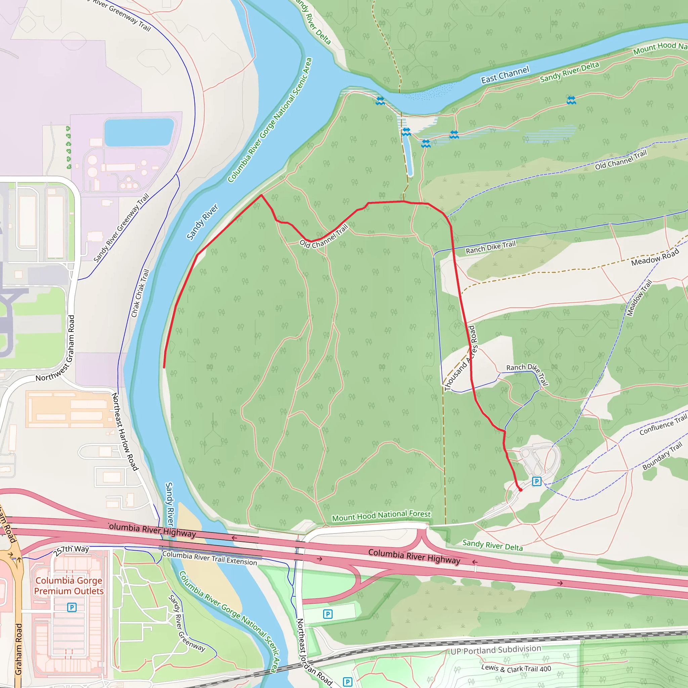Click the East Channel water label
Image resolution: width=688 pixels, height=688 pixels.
pos(505,75)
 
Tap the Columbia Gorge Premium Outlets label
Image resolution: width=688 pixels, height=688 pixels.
pos(69,586)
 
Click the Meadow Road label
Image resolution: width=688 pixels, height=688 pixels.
pos(655,257)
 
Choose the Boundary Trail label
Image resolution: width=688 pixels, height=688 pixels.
pos(662,456)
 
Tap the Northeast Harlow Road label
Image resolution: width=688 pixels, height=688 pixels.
pos(125,432)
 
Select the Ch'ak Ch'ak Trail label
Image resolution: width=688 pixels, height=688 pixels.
pos(140,293)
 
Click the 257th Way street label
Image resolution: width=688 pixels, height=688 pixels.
pos(71,551)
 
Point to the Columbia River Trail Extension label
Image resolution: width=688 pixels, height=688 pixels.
pos(209,558)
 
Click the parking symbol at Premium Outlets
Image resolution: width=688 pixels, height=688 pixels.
pos(72,607)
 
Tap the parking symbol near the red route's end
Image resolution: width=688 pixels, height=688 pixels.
pos(536,481)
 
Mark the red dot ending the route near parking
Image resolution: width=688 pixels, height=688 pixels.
pos(521,490)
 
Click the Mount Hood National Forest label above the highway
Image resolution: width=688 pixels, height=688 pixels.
pos(381,516)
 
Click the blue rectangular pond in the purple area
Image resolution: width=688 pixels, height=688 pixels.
pos(139,132)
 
